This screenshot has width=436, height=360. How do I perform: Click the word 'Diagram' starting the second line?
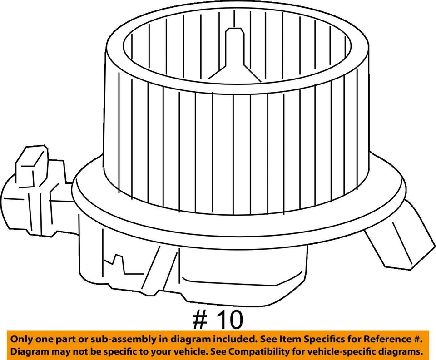click(30, 352)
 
